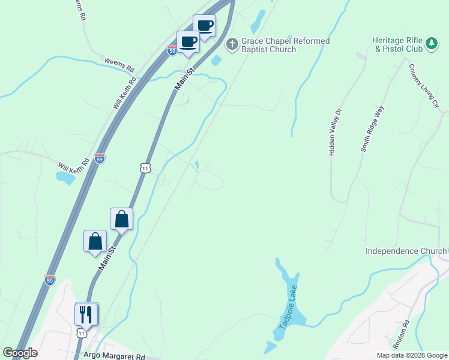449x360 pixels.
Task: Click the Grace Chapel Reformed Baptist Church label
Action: coord(285,45)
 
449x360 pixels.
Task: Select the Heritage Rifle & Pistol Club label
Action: coord(397,44)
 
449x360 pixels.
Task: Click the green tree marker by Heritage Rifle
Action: coord(431,44)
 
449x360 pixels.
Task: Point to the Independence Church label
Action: coord(406,251)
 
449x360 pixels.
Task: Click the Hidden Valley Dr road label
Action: coord(335,132)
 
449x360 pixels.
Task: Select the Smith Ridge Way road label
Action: coord(372,129)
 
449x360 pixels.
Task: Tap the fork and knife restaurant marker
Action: coord(86,313)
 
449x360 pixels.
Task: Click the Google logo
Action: coord(20,353)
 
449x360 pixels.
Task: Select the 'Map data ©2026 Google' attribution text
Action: coord(411,355)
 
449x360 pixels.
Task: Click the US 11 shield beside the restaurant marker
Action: coord(82,332)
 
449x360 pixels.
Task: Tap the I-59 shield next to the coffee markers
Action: coord(172,51)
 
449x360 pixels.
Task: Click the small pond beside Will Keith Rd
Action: coord(65,178)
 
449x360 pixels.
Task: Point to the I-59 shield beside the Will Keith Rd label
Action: coord(100,158)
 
